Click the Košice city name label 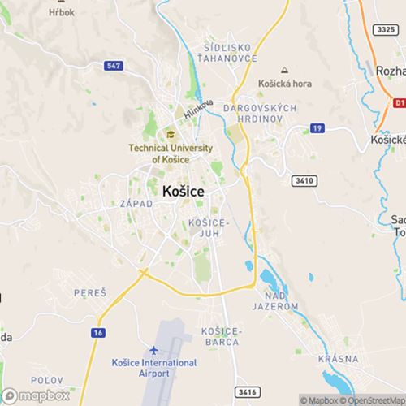[x=183, y=191]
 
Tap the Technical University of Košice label [x=170, y=153]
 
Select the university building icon [x=171, y=134]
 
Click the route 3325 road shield [x=386, y=29]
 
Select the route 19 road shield [x=317, y=128]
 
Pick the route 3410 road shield [x=304, y=180]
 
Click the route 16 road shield [x=99, y=334]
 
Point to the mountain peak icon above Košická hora [x=283, y=71]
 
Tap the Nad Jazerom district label [x=276, y=300]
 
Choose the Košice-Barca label [x=221, y=336]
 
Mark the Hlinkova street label [x=197, y=110]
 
